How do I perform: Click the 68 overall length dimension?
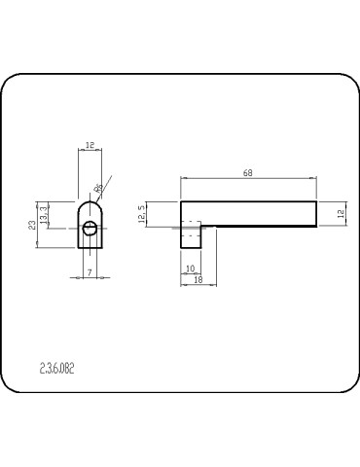coord(249,173)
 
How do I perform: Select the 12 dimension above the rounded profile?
coord(90,145)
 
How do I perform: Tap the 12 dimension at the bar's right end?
coord(342,213)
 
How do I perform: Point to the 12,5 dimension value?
coord(142,213)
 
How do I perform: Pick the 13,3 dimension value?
coord(43,212)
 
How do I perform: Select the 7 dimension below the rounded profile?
coord(90,273)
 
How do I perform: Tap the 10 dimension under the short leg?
coord(190,268)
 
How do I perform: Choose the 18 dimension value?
coord(198,279)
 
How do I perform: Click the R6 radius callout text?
coord(98,189)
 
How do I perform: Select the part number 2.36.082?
coord(56,369)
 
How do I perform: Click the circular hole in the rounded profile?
coord(90,229)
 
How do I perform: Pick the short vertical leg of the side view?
coord(191,238)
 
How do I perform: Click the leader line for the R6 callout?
coord(106,184)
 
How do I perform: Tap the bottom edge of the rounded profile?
coord(90,248)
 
